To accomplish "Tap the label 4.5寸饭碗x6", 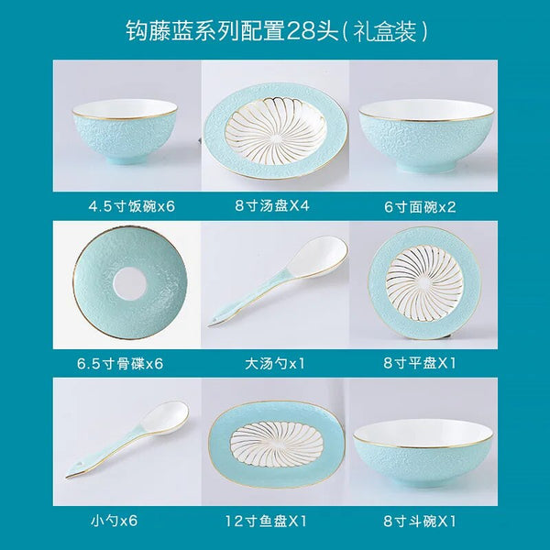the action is pyautogui.click(x=131, y=206).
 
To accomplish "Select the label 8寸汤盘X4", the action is pyautogui.click(x=272, y=205).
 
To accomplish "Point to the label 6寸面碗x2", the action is pyautogui.click(x=420, y=206).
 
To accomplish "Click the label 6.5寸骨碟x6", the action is pyautogui.click(x=120, y=363).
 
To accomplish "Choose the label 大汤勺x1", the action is pyautogui.click(x=275, y=363).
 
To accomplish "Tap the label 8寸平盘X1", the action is pyautogui.click(x=420, y=363).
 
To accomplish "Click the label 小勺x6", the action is pyautogui.click(x=114, y=521).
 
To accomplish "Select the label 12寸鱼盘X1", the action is pyautogui.click(x=266, y=521).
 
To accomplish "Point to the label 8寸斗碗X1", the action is pyautogui.click(x=420, y=521).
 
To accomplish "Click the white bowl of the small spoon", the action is pyautogui.click(x=165, y=417).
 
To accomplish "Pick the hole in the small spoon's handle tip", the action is pyautogui.click(x=80, y=466).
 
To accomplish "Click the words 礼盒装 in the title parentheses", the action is pyautogui.click(x=385, y=31).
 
